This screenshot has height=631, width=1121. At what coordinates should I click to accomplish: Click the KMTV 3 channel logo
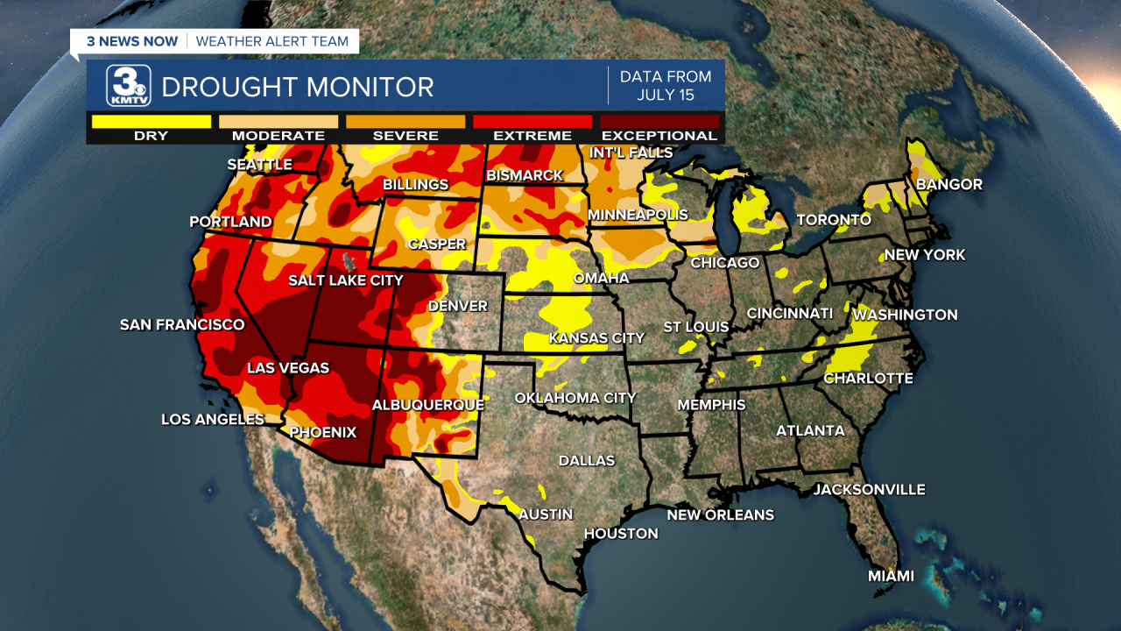click(x=129, y=86)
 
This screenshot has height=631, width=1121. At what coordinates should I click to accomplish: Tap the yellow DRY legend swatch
click(x=152, y=122)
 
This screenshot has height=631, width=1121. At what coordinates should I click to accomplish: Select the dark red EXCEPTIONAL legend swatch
click(x=659, y=122)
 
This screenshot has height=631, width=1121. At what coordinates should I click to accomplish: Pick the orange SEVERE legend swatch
click(x=405, y=122)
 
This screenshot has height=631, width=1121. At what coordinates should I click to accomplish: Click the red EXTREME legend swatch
click(x=532, y=122)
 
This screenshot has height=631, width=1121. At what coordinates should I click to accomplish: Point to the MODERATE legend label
click(x=278, y=136)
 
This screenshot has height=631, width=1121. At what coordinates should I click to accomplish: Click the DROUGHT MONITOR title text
click(x=298, y=88)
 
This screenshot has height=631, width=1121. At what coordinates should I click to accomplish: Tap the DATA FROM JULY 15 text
click(x=666, y=86)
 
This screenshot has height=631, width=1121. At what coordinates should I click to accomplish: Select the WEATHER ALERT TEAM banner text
click(x=271, y=41)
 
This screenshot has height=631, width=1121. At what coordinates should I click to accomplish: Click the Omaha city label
click(x=601, y=278)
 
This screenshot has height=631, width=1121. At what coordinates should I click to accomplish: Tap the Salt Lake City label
click(x=346, y=280)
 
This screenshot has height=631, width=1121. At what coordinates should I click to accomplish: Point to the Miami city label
click(x=891, y=576)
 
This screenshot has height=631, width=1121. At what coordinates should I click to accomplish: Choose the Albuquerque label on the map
click(x=427, y=405)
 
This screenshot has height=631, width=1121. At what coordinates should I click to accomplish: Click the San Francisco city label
click(x=182, y=325)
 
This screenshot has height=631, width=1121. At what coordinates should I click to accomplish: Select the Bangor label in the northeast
click(x=948, y=184)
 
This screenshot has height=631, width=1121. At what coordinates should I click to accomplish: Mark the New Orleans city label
click(x=720, y=514)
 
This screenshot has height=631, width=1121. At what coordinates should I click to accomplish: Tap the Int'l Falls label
click(x=631, y=152)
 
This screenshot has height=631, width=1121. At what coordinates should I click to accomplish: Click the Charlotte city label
click(x=868, y=379)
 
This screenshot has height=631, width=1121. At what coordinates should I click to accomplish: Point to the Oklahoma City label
click(x=575, y=398)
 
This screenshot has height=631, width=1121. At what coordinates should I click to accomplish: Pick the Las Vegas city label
click(x=287, y=368)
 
